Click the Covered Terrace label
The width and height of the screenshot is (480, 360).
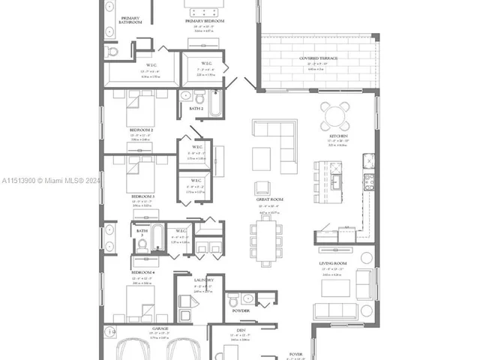tap(317, 58)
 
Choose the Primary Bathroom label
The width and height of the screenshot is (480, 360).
tap(130, 19)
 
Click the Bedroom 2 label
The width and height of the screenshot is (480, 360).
tap(142, 129)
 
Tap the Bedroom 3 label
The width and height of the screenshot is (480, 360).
tap(142, 196)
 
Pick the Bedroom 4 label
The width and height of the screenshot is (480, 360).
tap(142, 271)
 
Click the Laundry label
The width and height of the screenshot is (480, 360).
tap(202, 280)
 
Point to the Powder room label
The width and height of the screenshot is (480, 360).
tap(241, 310)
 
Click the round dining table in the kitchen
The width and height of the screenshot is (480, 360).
tap(334, 115)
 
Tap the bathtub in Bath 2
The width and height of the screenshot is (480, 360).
tap(215, 104)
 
